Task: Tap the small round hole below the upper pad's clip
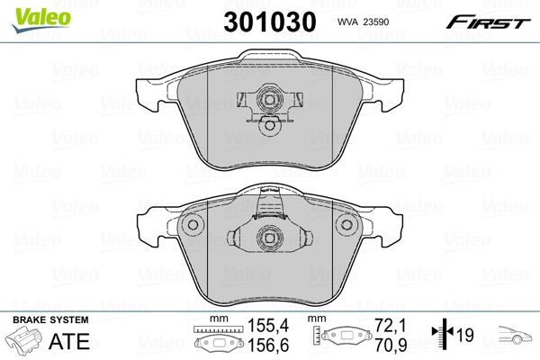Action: [x=268, y=127]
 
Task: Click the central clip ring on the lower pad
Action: [x=268, y=238]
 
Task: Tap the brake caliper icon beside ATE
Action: [x=26, y=343]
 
